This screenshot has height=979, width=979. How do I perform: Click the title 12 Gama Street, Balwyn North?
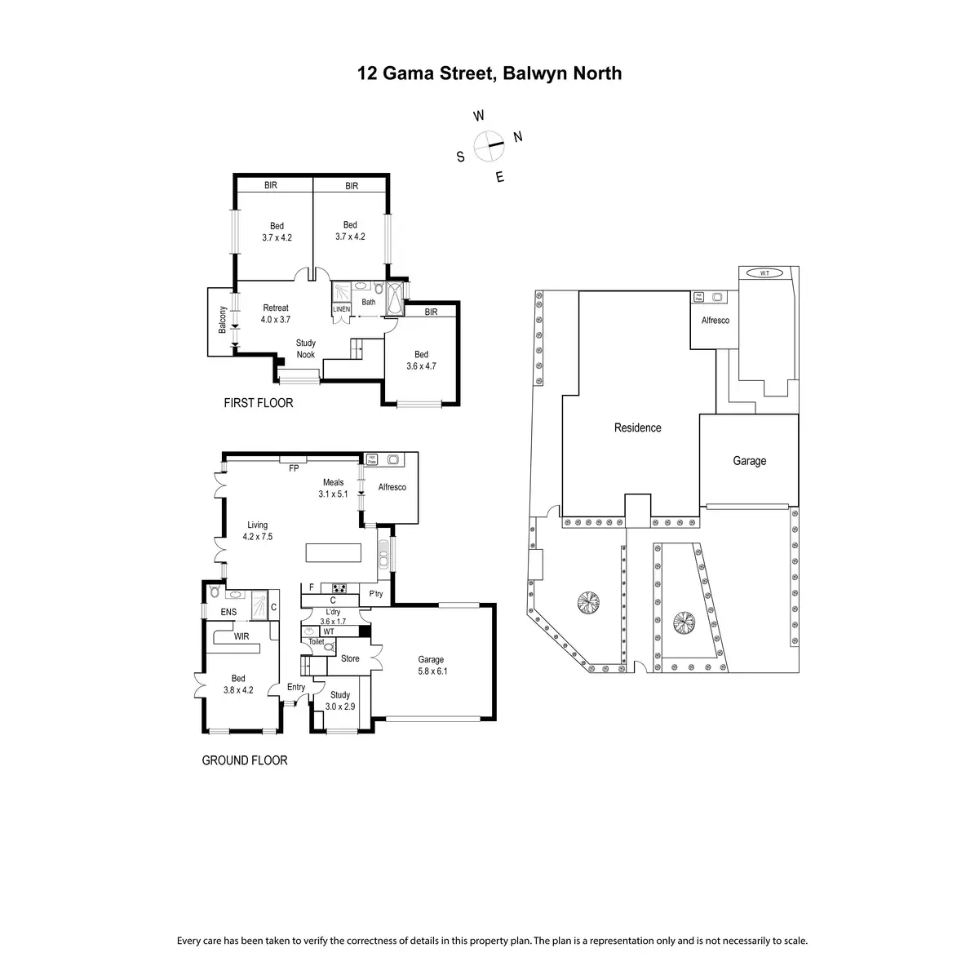489,73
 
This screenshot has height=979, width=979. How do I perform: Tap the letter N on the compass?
517,136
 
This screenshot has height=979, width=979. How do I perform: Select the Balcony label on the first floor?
221,319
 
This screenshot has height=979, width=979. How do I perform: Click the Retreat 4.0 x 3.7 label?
276,314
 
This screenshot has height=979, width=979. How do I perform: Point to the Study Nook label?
306,348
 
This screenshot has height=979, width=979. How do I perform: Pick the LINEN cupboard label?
342,309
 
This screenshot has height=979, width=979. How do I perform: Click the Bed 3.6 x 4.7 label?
421,360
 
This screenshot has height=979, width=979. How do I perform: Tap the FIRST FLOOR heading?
259,403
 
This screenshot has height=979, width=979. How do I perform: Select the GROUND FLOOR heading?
245,760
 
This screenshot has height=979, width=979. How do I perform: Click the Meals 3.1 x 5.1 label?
333,488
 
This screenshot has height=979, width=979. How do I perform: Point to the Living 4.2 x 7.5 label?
257,531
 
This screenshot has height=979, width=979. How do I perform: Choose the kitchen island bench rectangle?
334,552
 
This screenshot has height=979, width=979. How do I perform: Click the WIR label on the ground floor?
241,636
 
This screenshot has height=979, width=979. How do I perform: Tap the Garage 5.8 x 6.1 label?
431,666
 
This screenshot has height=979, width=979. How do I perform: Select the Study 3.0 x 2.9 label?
340,701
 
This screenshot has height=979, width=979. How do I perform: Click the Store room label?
350,658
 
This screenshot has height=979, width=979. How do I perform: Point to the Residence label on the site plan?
638,427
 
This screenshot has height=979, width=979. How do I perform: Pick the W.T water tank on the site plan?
764,272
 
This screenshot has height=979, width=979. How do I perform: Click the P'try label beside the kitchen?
375,594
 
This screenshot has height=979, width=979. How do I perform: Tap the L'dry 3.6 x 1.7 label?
333,616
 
